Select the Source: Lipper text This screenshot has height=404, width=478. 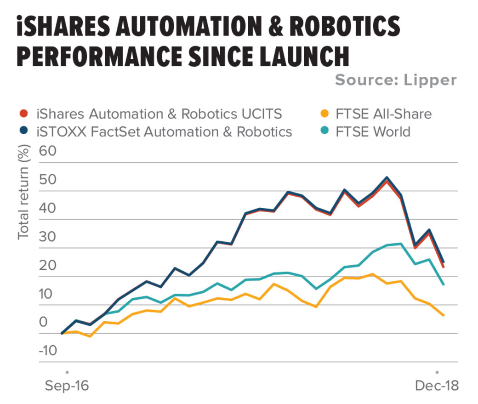396,80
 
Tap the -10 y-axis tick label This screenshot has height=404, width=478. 48,351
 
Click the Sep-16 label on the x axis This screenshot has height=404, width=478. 67,386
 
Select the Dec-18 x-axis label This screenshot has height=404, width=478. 437,386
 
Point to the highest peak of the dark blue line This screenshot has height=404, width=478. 387,177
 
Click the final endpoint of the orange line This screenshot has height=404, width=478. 443,315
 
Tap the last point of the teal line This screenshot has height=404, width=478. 443,284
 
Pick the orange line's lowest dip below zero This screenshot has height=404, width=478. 90,336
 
